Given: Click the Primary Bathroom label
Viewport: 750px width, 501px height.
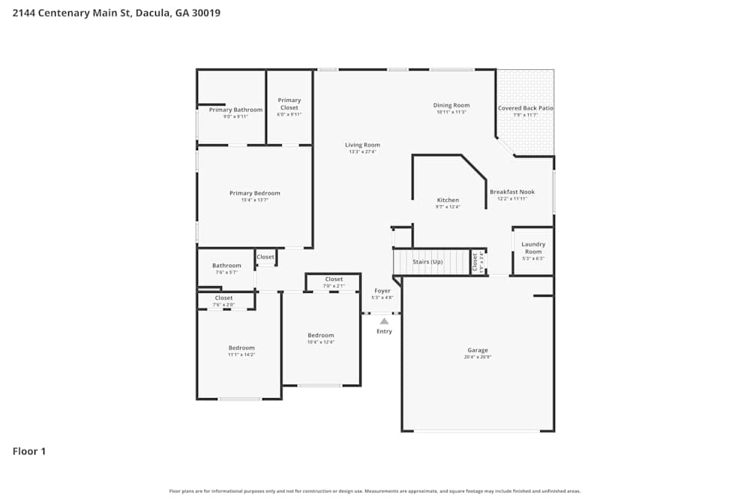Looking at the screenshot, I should [235, 110].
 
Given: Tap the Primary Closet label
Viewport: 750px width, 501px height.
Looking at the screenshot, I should [289, 104].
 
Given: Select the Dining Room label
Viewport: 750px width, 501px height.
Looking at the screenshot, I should [451, 105].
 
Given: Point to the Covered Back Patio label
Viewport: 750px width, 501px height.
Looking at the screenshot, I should [526, 108].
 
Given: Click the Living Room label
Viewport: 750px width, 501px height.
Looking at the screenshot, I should [362, 145].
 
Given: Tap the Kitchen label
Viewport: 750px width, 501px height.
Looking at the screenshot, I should [448, 200].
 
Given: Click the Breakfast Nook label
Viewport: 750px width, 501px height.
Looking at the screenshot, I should [512, 192].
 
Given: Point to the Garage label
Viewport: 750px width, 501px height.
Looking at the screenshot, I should [478, 350].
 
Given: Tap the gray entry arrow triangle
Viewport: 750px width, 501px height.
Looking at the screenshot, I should [384, 321].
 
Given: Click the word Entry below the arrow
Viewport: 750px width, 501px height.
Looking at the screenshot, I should [384, 331].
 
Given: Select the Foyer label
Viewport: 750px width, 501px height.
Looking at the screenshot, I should [382, 291].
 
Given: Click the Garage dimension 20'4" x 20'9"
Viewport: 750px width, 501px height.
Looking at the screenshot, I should [478, 357].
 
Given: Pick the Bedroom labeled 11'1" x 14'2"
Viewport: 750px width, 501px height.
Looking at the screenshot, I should [241, 348].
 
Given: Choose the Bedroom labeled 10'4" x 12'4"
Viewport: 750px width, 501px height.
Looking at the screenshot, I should [321, 335].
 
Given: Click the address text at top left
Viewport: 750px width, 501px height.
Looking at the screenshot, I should [116, 13].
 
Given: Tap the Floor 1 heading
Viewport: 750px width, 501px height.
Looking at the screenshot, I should [29, 451].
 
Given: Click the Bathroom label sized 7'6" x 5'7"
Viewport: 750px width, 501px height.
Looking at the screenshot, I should [226, 265].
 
